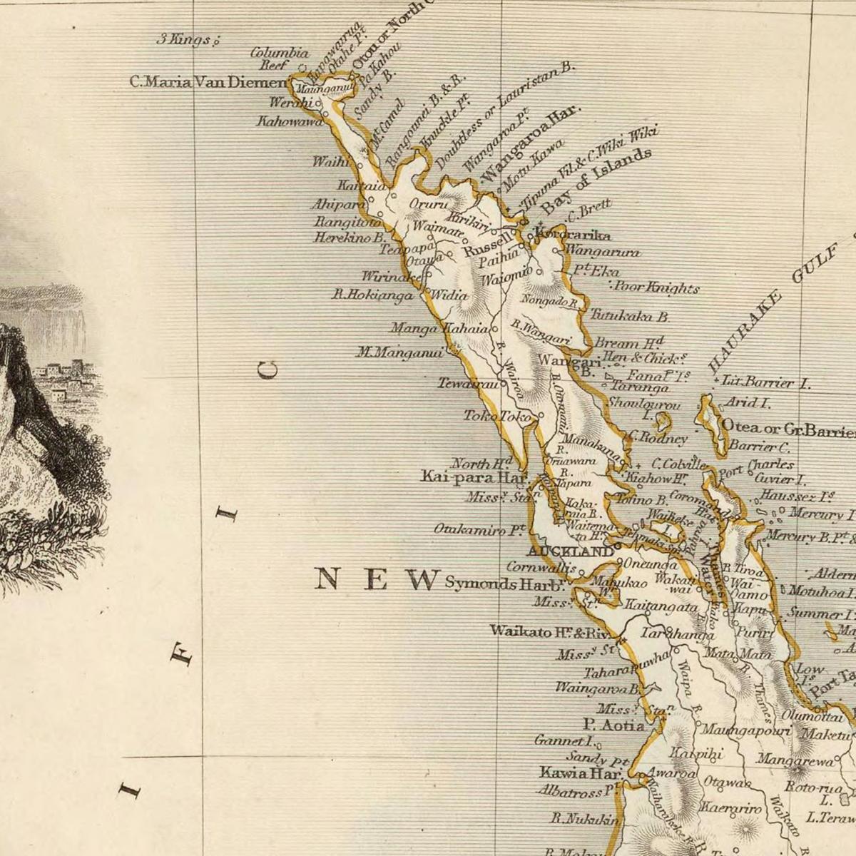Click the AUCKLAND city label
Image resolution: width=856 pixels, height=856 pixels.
tap(569, 551)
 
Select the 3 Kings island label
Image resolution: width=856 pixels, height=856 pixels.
tap(185, 40)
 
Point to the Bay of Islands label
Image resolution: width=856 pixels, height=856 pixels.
tap(596, 182)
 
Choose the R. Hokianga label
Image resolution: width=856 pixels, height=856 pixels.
tap(373, 294)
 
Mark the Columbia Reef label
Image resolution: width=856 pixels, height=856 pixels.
tap(280, 58)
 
